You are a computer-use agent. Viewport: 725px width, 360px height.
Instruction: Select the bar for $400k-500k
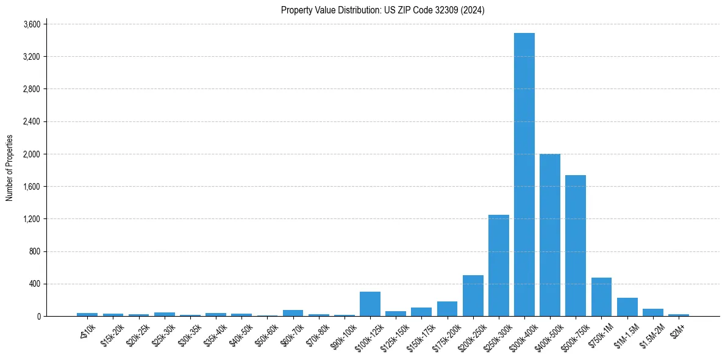coord(550,235)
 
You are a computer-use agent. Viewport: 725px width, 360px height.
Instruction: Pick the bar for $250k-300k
coord(498,265)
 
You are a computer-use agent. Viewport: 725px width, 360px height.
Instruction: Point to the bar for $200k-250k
coord(473,296)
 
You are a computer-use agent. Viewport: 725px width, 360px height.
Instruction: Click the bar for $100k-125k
coord(370,304)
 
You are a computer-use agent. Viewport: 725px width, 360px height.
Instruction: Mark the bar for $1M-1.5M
coord(627,307)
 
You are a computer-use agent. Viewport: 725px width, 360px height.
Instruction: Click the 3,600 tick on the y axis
coord(31,24)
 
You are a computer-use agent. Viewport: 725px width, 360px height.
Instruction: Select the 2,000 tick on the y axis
coord(31,154)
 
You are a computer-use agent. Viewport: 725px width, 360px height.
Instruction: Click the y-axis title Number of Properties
coord(9,168)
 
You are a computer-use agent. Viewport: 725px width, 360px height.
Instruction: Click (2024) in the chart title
coord(473,10)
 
